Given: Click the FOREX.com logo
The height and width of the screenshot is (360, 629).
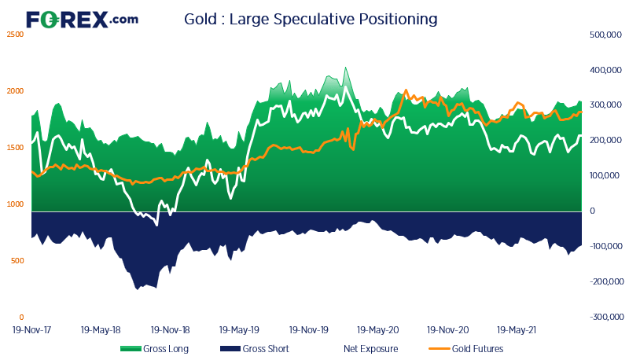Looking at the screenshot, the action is (83, 20).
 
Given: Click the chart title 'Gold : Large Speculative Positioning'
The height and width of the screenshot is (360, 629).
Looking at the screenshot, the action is (311, 19).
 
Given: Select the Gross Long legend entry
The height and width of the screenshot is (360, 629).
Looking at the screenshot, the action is (154, 349).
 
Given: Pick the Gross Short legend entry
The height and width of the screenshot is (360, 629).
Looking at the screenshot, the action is (255, 349).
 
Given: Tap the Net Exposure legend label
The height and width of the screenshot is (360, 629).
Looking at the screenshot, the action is (370, 349).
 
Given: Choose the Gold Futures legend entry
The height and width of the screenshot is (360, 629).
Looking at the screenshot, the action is (466, 349).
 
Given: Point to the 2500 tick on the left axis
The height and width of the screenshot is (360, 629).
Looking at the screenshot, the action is (15, 35).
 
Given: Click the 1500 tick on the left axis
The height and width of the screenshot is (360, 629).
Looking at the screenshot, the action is (15, 148).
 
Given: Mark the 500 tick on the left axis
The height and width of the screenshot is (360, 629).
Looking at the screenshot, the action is (17, 261).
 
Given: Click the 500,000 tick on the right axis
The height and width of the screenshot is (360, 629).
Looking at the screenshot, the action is (605, 35).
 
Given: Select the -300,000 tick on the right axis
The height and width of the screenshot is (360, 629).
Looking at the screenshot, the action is (606, 317).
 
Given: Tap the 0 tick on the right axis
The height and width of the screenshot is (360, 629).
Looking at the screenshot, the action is (592, 211).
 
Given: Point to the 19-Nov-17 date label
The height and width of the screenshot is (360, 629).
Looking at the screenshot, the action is (31, 330).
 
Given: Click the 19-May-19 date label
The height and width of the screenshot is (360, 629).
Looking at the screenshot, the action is (239, 330).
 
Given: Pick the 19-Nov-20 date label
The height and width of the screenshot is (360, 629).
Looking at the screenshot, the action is (447, 330).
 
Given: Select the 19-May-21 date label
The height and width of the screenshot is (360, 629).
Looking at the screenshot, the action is (517, 330).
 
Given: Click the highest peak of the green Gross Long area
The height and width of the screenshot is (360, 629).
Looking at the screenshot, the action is (345, 68).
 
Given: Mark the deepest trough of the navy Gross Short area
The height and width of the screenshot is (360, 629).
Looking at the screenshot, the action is (137, 289).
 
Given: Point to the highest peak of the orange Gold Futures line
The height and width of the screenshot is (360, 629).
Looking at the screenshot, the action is (406, 90).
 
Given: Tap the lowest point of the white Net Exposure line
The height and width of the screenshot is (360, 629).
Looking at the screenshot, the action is (156, 226).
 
